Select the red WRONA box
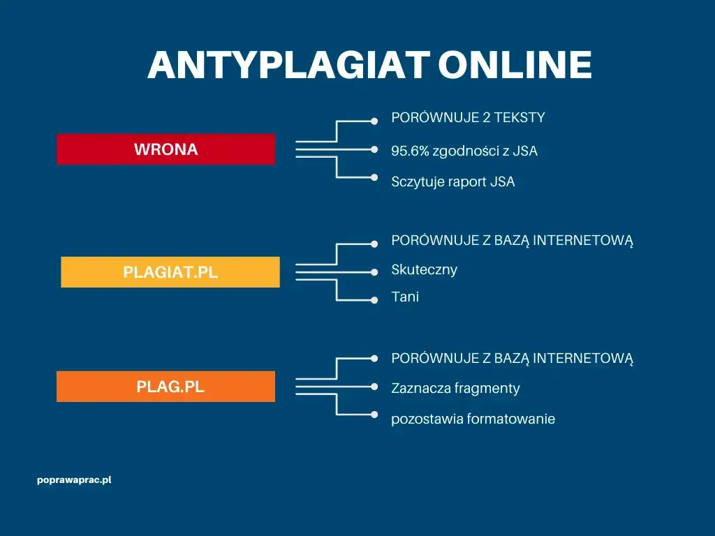[x=166, y=149]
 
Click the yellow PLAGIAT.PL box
[x=170, y=272]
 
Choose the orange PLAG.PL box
[x=166, y=387]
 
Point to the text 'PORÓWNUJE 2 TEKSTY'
[x=468, y=118]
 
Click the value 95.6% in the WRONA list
[x=410, y=151]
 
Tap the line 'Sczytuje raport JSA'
[x=453, y=182]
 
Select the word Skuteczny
[x=425, y=269]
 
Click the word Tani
[x=405, y=297]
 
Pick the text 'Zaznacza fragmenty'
[x=455, y=388]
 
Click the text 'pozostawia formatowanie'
[x=473, y=419]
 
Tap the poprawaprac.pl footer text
[x=75, y=481]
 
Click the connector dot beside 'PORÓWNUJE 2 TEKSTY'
[x=376, y=121]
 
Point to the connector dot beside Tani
[x=376, y=300]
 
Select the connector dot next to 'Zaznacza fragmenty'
[x=376, y=387]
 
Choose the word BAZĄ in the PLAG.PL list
[x=512, y=359]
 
